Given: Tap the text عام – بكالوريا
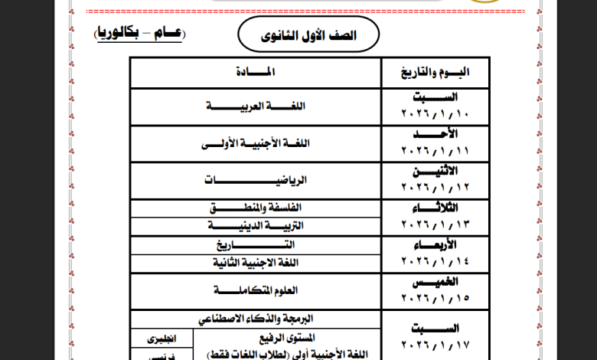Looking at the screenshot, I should click(x=139, y=34).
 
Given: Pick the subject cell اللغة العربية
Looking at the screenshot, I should click(x=256, y=106).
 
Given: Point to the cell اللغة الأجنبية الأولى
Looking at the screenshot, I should click(x=256, y=143).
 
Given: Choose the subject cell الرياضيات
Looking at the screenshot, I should click(x=256, y=180).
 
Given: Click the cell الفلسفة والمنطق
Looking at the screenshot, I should click(x=256, y=208).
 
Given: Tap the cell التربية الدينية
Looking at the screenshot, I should click(x=256, y=226).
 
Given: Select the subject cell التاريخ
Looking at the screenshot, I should click(x=256, y=244).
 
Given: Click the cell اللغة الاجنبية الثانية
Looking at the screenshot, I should click(x=256, y=263).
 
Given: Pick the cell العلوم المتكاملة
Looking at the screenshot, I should click(x=256, y=291).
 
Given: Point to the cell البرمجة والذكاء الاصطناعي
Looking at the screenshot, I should click(x=256, y=318).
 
